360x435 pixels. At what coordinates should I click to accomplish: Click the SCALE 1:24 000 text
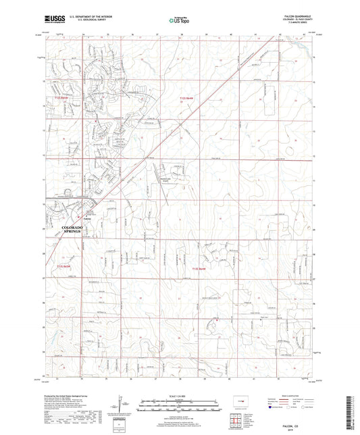coord(180,395)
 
